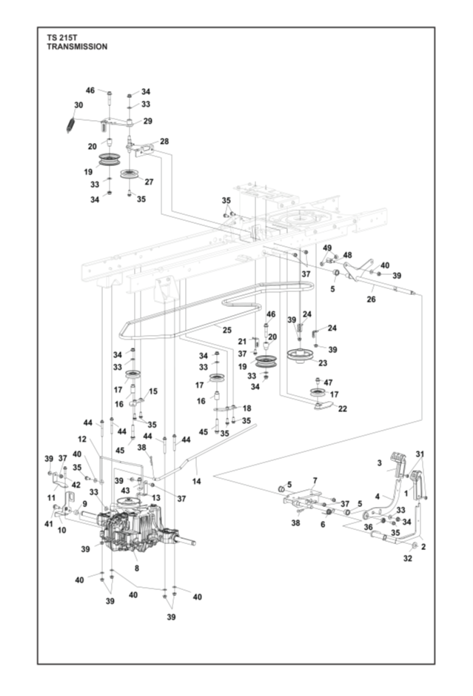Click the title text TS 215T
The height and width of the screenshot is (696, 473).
coord(62,36)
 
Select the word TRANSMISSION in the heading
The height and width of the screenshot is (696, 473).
coord(77,46)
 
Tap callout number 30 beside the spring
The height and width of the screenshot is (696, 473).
coord(79,106)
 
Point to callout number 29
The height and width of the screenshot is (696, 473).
coord(148,121)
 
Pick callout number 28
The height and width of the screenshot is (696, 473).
coord(164,142)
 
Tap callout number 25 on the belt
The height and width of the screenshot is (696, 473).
coord(227,328)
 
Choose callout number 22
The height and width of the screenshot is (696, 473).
coord(342,408)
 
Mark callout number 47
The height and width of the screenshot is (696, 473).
coord(328,382)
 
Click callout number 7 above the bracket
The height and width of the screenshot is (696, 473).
coord(315,481)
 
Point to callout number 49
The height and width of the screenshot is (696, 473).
coord(327,248)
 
